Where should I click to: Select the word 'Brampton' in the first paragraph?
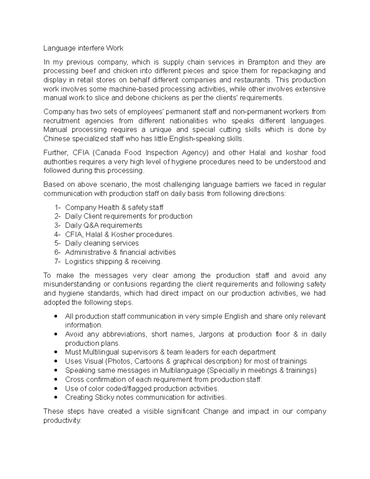click(263, 62)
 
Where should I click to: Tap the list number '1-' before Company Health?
click(58, 208)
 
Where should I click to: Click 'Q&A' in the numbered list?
click(92, 225)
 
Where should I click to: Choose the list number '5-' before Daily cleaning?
click(58, 243)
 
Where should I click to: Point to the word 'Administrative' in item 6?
click(88, 252)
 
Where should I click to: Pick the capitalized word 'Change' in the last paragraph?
click(216, 411)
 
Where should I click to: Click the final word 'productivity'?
click(62, 420)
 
